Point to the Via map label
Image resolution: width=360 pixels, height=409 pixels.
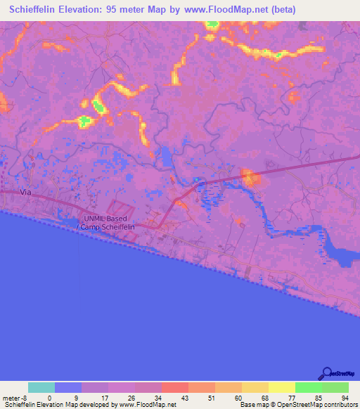coord(27,191)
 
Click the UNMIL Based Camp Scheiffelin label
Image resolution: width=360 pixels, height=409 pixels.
coord(108,223)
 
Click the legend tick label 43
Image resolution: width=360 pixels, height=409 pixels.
coord(183,398)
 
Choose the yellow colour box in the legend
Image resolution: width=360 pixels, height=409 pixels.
coord(281,387)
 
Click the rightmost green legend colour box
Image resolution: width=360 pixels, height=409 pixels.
coord(335,387)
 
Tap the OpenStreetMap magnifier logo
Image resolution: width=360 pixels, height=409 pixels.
coord(327,375)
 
